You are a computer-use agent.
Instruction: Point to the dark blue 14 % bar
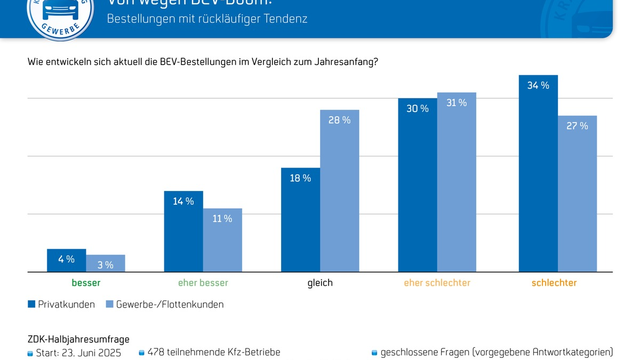point(183,231)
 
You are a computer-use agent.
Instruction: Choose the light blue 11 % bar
point(222,240)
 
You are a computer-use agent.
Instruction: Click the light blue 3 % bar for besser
point(106,263)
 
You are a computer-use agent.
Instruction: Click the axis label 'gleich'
point(320,283)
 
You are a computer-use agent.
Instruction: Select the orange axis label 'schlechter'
point(554,283)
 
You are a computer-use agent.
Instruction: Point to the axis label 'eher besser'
point(203,283)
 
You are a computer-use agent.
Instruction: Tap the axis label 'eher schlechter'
point(437,283)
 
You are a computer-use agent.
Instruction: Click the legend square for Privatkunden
point(31,305)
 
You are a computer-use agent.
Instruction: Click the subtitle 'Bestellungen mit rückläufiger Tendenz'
point(207,19)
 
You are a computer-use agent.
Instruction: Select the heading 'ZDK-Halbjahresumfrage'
point(78,339)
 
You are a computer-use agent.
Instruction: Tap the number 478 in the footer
point(156,352)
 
